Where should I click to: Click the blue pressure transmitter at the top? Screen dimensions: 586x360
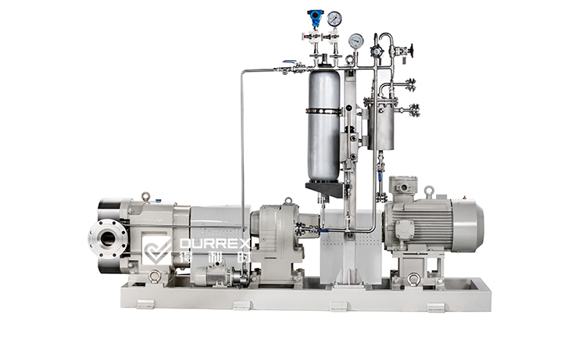click(x=314, y=19)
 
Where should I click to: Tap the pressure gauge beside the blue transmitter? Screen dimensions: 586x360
click(x=334, y=18)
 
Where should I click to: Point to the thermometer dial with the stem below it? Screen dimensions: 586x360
click(x=356, y=41)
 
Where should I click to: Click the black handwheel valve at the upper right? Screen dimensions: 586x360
click(x=413, y=50)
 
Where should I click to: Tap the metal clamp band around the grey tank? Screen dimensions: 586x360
click(x=324, y=111)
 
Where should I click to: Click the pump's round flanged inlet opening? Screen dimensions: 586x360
click(x=108, y=238)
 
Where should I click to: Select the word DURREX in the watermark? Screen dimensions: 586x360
click(x=215, y=244)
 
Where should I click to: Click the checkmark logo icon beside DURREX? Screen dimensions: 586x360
click(x=158, y=250)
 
